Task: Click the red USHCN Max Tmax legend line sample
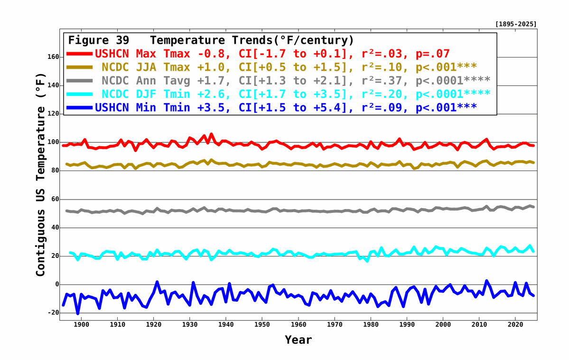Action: point(80,54)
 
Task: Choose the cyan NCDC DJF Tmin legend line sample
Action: point(80,94)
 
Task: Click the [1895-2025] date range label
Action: point(515,24)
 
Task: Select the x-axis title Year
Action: point(298,340)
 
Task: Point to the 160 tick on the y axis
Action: point(52,57)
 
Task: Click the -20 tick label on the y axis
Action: point(52,313)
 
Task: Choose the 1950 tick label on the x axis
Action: point(262,325)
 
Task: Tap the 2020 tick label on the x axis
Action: point(515,325)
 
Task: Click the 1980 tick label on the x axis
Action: point(371,325)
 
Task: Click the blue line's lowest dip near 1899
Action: point(78,313)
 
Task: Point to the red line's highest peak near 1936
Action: point(211,134)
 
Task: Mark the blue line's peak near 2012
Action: point(486,281)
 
